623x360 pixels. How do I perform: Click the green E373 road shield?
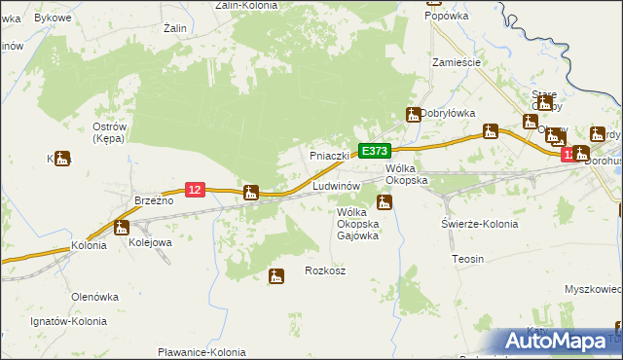tap(375, 151)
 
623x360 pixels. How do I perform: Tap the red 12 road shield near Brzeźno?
tap(195, 190)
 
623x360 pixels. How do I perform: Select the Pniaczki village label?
tap(329, 156)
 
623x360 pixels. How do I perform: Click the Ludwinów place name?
tap(337, 185)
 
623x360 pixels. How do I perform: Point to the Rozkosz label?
tap(325, 270)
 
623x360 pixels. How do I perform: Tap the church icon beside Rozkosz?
tap(276, 276)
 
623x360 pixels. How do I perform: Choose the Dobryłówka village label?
tap(449, 113)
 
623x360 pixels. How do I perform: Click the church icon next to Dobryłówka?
tap(414, 114)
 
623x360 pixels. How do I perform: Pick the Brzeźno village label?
tap(154, 199)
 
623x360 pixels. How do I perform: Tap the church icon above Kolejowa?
tap(121, 228)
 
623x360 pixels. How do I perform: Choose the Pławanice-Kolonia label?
tap(202, 352)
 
